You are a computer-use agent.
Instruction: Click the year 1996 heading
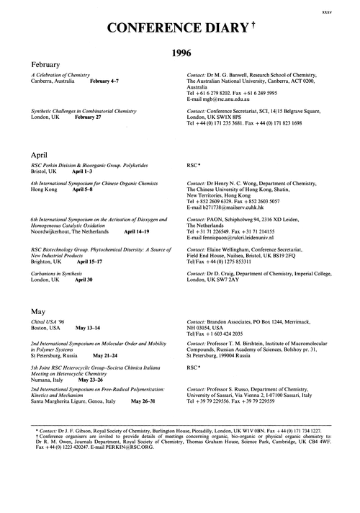184,53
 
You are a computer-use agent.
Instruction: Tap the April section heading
39,154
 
